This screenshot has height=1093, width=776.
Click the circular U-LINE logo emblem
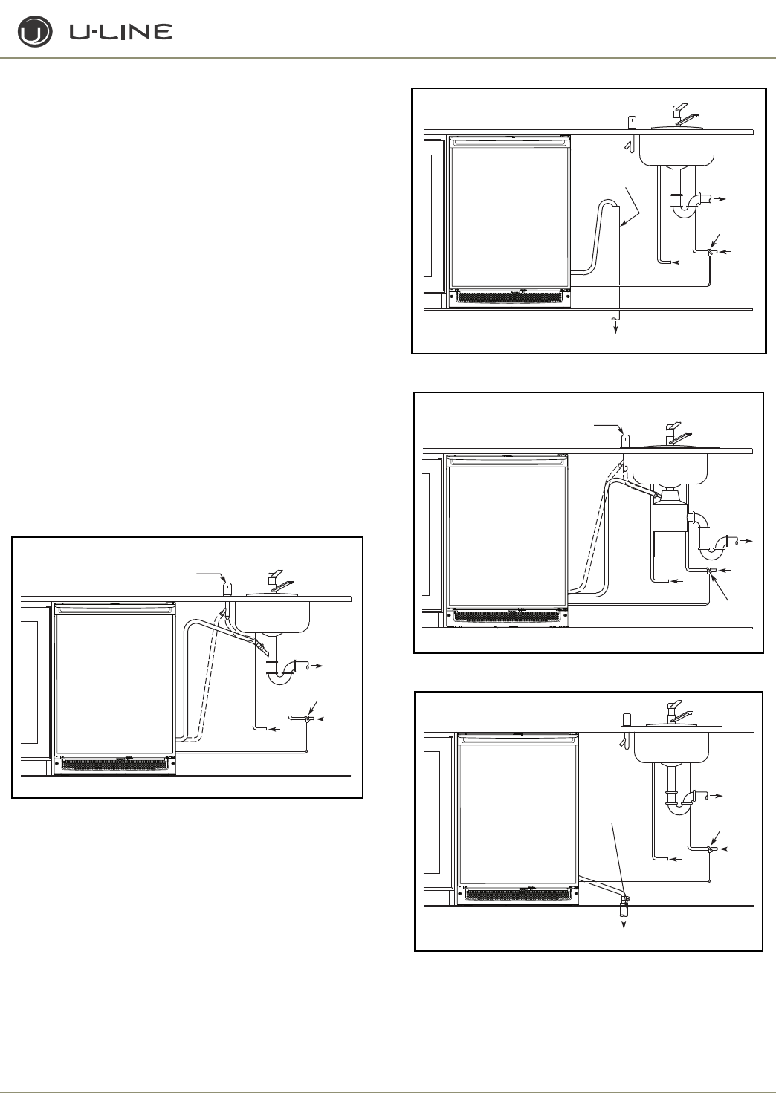tap(35, 33)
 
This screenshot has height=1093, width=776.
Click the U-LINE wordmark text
tap(120, 32)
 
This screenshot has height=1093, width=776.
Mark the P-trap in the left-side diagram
tap(280, 672)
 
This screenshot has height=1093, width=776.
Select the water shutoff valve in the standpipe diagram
tap(711, 253)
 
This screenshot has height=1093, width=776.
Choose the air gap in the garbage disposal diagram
tap(625, 441)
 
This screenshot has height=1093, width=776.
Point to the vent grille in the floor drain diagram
tap(518, 895)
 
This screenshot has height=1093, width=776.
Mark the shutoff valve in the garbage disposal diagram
tap(709, 571)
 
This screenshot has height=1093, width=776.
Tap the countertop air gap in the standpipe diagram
tap(632, 123)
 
